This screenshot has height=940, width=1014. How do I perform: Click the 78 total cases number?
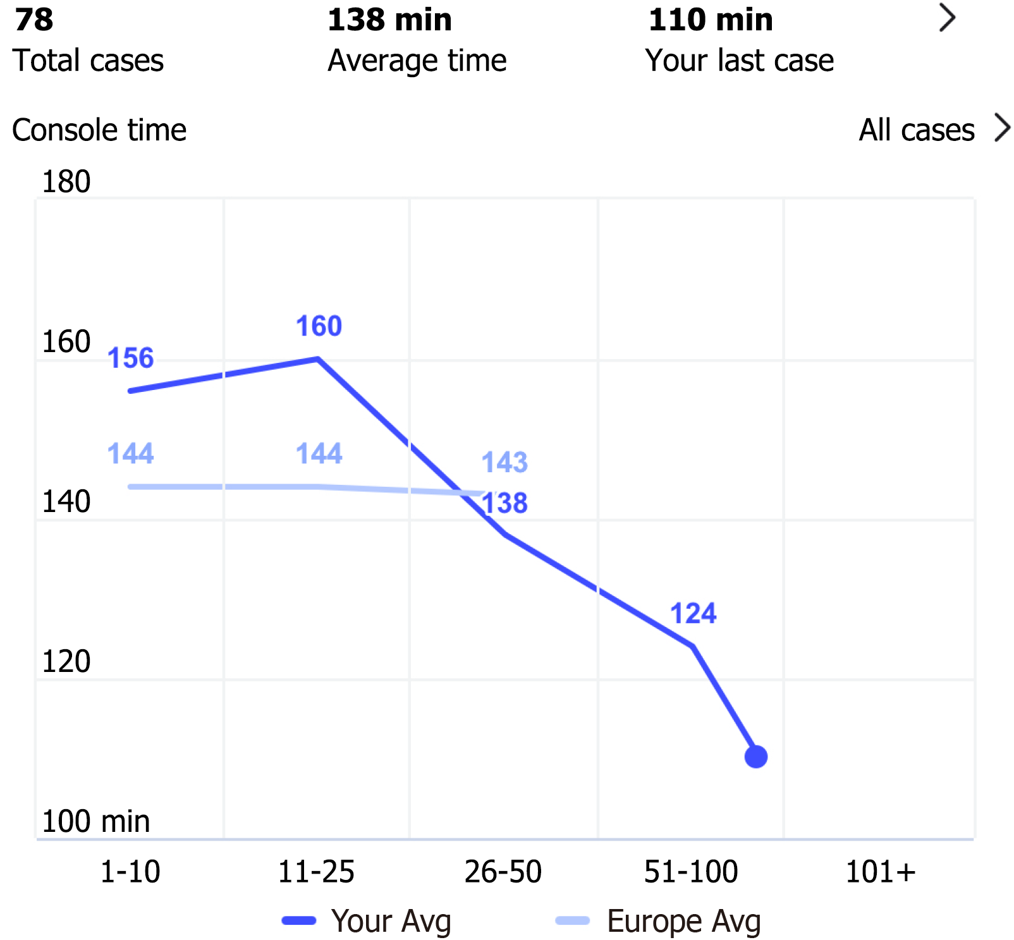[x=34, y=20]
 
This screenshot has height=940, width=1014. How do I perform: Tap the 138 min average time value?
[x=389, y=20]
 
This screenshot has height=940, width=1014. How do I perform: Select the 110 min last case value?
[x=711, y=20]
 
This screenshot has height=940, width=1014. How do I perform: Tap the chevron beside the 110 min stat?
[x=947, y=18]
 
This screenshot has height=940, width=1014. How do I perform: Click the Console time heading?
[x=99, y=130]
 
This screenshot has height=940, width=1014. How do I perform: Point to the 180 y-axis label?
[x=66, y=182]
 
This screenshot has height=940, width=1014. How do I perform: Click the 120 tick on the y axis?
[x=66, y=662]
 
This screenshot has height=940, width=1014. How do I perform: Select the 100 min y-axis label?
[x=95, y=822]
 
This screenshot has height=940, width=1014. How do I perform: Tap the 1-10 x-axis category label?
[x=130, y=872]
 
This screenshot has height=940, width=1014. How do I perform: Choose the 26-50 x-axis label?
[x=503, y=872]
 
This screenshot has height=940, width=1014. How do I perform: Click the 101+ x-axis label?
[x=880, y=872]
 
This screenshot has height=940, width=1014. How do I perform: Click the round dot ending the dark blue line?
[x=755, y=756]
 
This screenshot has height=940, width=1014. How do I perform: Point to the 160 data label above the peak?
[x=319, y=326]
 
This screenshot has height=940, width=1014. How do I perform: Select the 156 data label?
[x=130, y=358]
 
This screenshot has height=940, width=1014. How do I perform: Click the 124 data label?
[x=693, y=613]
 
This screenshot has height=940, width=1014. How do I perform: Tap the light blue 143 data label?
[x=504, y=462]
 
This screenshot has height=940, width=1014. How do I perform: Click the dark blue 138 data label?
[x=504, y=503]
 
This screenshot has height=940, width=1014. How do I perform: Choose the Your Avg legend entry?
[x=367, y=921]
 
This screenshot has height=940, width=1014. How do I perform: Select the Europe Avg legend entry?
[x=657, y=921]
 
